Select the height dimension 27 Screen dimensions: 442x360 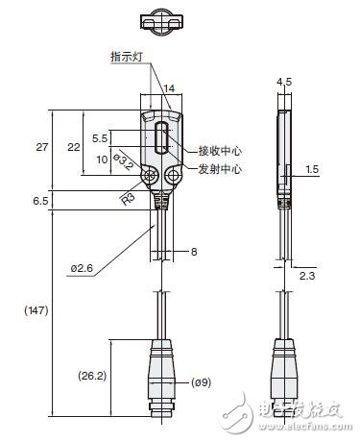(x=40, y=148)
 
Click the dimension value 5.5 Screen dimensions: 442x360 (x=99, y=138)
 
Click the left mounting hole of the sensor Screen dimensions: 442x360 (x=149, y=178)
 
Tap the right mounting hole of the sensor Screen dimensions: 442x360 (x=175, y=178)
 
